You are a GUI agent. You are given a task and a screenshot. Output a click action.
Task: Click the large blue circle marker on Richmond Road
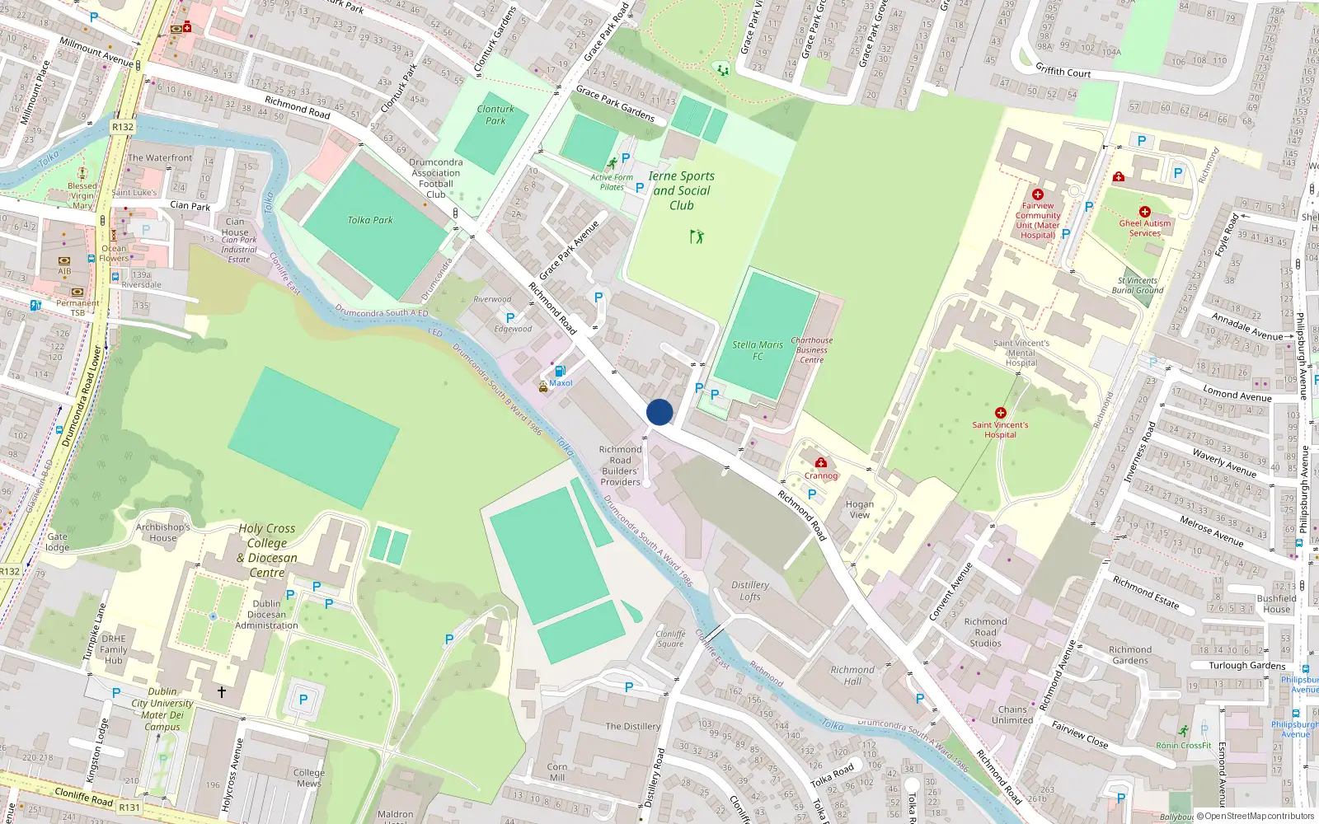659,412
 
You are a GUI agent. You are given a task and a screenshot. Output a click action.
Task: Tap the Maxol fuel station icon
561,372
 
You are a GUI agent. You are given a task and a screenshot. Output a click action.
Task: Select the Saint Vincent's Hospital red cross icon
1000,413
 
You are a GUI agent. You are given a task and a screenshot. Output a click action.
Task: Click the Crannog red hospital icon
820,463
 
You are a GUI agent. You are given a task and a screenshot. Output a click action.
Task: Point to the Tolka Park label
370,220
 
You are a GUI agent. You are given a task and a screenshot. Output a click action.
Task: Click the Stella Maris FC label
758,350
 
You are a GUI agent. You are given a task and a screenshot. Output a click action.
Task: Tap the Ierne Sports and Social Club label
681,190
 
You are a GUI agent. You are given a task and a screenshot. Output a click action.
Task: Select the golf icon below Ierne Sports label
697,236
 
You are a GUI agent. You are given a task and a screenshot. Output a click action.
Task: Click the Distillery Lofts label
750,590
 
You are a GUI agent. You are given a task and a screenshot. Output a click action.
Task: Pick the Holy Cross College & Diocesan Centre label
267,550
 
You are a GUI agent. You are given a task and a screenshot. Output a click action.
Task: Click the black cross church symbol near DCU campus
221,692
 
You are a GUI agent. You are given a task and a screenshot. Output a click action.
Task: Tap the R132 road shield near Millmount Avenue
123,127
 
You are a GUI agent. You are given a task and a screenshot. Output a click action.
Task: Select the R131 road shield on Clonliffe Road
129,808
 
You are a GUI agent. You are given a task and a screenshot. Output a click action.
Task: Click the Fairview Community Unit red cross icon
1037,194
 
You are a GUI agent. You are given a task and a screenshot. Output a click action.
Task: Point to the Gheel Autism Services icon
1144,212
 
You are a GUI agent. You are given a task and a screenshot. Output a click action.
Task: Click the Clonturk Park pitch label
495,115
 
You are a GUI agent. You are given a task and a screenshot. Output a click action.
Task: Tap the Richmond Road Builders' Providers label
620,466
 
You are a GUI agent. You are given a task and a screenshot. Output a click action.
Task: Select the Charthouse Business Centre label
811,350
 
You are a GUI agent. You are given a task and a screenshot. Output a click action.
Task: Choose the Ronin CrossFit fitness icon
1184,731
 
